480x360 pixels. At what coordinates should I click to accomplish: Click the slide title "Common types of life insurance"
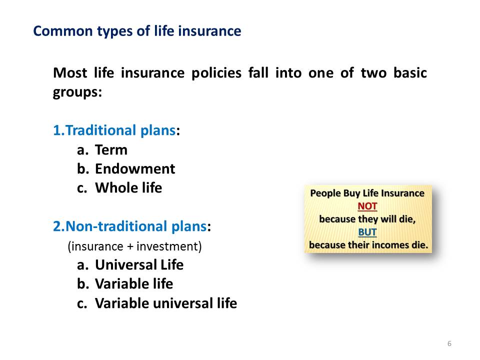(137, 31)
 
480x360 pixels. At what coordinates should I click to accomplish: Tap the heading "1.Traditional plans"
(114, 130)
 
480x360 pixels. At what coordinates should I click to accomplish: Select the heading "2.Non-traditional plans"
(130, 226)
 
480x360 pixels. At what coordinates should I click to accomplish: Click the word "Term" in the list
(111, 150)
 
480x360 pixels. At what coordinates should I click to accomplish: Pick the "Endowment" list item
(135, 169)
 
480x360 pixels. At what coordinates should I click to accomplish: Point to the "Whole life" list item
(128, 188)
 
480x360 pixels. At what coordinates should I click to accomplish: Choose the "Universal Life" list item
(139, 265)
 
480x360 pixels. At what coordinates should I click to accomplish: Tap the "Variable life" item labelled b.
(134, 284)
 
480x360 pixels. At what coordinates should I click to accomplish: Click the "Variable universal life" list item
(166, 303)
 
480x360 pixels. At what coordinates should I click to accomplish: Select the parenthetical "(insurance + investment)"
(134, 246)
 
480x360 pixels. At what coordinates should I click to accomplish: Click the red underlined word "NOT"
(367, 206)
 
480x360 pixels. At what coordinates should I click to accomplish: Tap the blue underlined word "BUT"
(367, 232)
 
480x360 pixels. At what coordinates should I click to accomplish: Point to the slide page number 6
(449, 343)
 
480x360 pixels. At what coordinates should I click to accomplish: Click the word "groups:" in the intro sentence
(77, 92)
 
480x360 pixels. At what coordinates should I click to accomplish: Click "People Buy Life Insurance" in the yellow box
(367, 193)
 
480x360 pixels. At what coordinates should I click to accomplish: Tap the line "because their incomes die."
(368, 245)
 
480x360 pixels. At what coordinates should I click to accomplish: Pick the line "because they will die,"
(367, 219)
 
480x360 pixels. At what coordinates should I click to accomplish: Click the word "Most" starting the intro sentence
(70, 73)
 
